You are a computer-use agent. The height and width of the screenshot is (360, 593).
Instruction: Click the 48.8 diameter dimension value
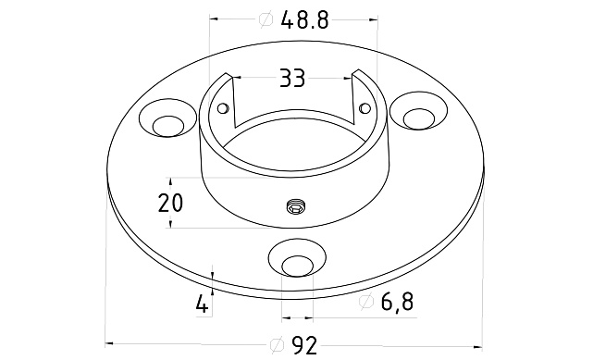[304, 19]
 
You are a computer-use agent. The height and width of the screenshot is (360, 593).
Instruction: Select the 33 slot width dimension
[292, 79]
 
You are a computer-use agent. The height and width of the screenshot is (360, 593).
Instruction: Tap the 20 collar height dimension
[170, 203]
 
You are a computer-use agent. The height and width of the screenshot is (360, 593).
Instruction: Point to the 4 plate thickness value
[203, 304]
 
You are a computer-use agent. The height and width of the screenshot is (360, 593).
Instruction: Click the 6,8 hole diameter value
[397, 302]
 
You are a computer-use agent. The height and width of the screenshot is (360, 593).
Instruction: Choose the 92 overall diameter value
[304, 345]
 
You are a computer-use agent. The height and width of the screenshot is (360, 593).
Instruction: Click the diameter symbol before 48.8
[266, 19]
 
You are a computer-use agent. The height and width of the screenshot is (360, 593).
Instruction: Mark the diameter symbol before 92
[278, 345]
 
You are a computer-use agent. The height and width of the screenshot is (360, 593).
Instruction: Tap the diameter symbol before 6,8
[366, 302]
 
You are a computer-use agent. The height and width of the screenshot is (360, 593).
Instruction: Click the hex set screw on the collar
[296, 207]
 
